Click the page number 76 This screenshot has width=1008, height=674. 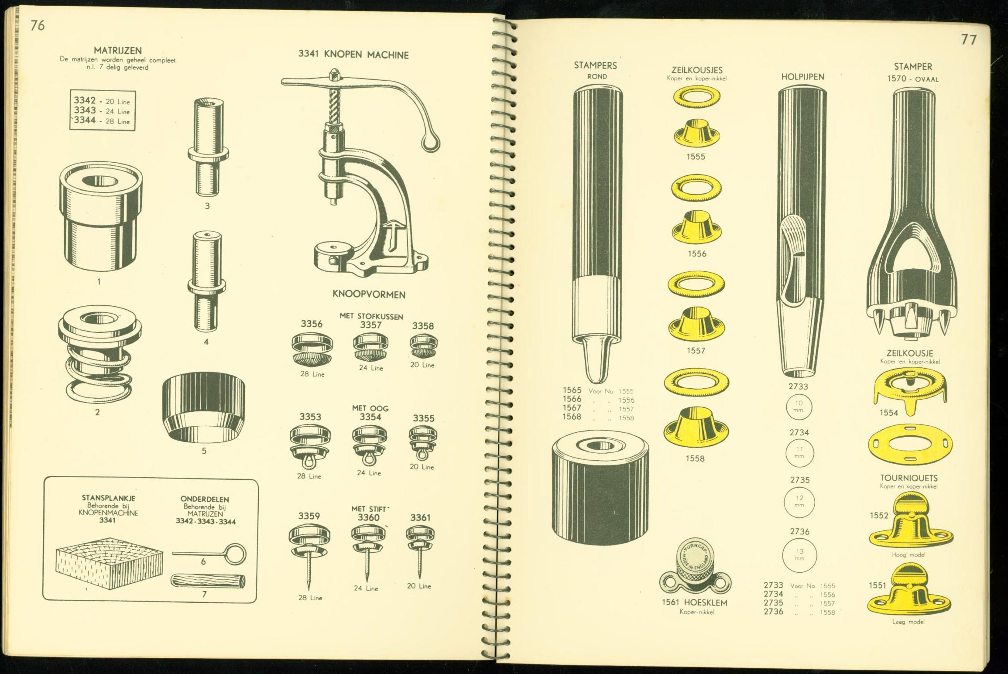click(38, 25)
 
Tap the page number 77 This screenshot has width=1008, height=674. click(969, 40)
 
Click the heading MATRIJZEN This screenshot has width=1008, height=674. click(118, 51)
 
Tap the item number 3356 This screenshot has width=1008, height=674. click(312, 324)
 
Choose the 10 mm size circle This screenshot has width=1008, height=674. click(799, 407)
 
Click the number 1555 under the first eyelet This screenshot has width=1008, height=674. click(696, 157)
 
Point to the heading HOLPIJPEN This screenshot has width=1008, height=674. click(802, 77)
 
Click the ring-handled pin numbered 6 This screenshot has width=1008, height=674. click(209, 554)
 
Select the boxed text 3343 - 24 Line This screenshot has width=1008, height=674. click(102, 111)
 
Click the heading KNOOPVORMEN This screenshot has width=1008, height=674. click(369, 294)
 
